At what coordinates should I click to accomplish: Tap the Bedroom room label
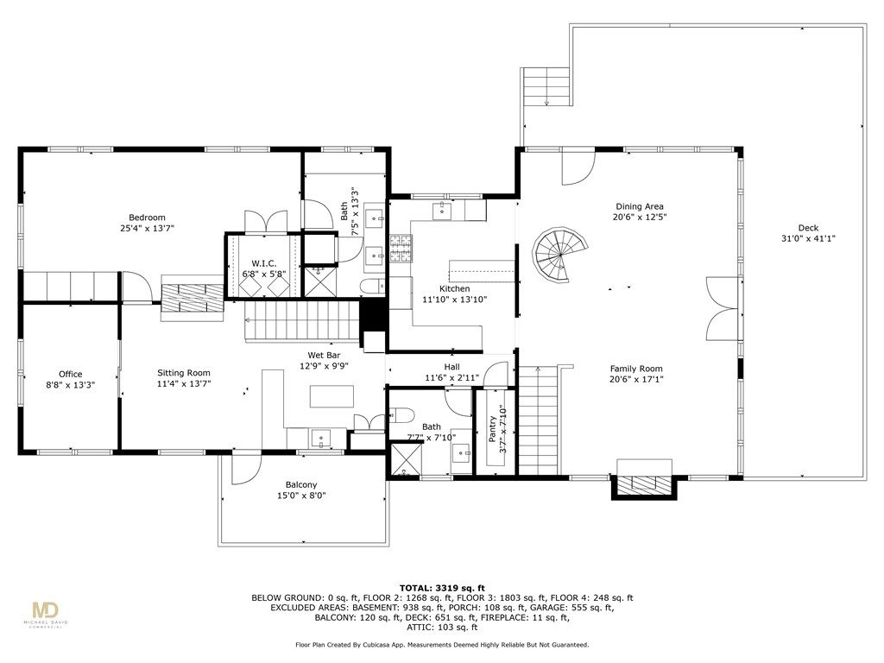click(147, 218)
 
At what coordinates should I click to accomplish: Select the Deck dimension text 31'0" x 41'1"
click(808, 238)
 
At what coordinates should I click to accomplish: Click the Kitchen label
click(454, 288)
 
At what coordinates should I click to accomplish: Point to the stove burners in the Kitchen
click(401, 249)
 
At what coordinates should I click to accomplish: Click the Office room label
click(71, 374)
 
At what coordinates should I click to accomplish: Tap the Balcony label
click(301, 485)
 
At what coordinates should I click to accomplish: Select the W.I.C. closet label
click(264, 263)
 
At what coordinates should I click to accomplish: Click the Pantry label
click(493, 429)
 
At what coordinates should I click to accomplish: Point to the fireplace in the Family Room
click(644, 484)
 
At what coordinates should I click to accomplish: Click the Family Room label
click(636, 369)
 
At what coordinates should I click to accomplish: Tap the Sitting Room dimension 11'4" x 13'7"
click(184, 384)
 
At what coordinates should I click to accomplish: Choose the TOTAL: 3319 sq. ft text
click(442, 587)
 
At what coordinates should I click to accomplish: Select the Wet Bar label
click(324, 355)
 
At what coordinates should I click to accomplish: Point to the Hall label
click(451, 366)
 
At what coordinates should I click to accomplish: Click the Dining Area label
click(640, 206)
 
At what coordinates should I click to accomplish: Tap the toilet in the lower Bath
click(401, 415)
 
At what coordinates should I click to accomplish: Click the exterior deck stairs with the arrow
click(546, 86)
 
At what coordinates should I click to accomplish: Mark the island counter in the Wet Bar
click(331, 395)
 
